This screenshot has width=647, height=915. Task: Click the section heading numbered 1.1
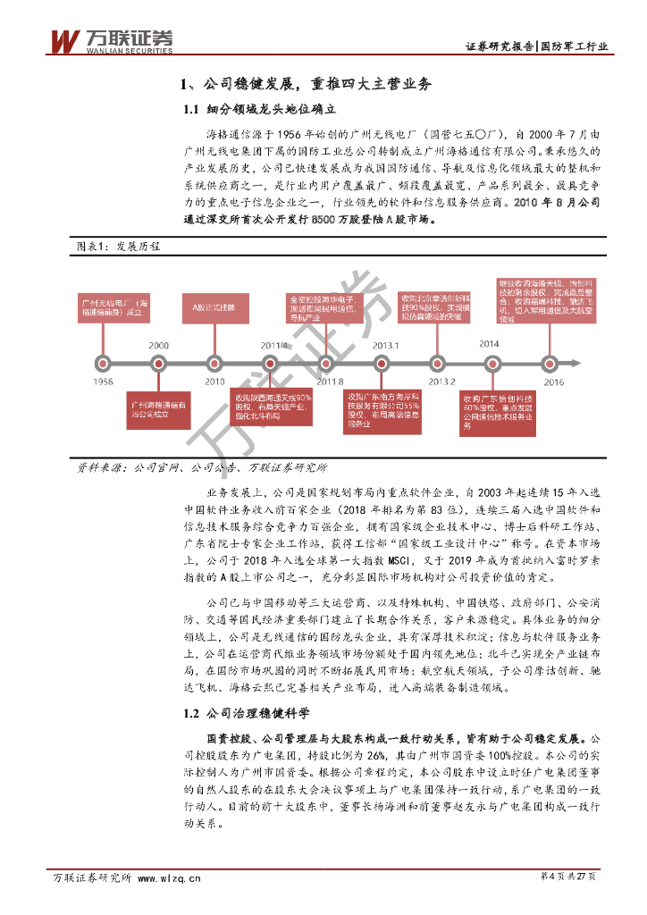click(259, 110)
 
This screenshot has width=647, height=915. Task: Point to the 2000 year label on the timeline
click(159, 345)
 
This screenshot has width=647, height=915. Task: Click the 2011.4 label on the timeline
click(274, 345)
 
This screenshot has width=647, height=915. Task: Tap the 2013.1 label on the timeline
click(385, 345)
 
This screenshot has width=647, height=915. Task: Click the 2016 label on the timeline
click(553, 382)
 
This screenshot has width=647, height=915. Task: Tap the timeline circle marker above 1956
click(104, 363)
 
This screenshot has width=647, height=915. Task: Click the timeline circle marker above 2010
click(214, 363)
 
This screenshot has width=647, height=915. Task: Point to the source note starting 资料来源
click(202, 467)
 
